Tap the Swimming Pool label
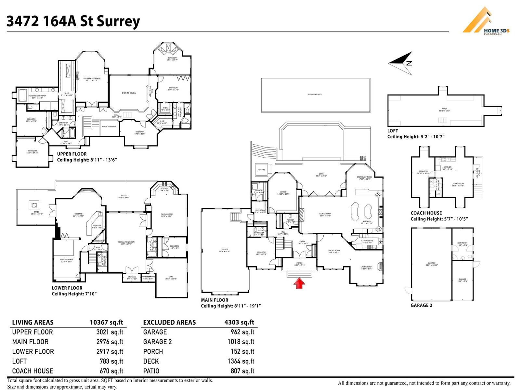(315, 94)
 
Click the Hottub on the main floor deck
(261, 170)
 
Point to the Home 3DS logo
(486, 21)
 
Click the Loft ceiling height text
(416, 137)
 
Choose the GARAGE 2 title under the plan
(421, 305)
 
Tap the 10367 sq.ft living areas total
(106, 322)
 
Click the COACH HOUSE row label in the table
(32, 371)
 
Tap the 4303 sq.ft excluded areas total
(239, 322)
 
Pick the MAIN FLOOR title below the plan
(214, 300)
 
